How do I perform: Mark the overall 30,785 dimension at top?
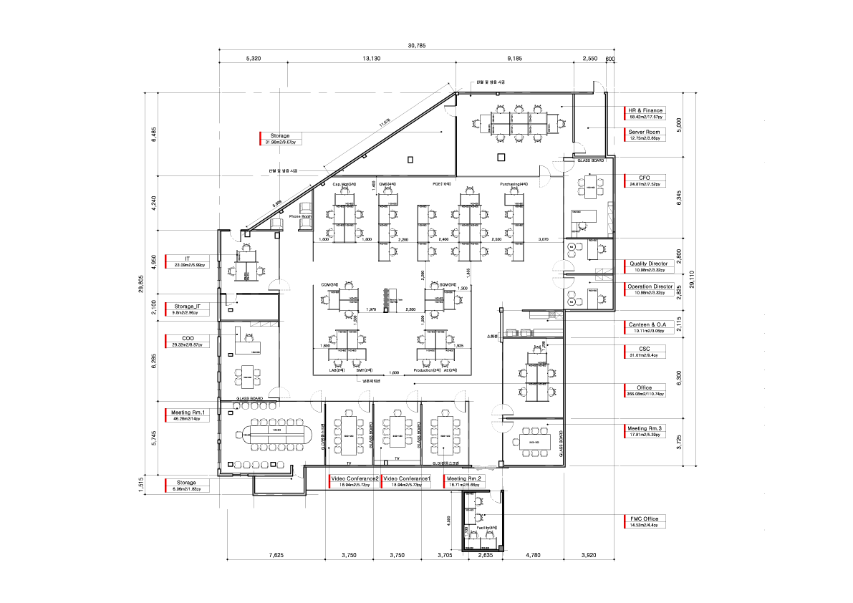click(417, 46)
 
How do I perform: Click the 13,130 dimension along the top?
click(371, 59)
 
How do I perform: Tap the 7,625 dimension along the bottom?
click(275, 554)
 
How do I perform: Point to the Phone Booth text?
click(299, 216)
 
